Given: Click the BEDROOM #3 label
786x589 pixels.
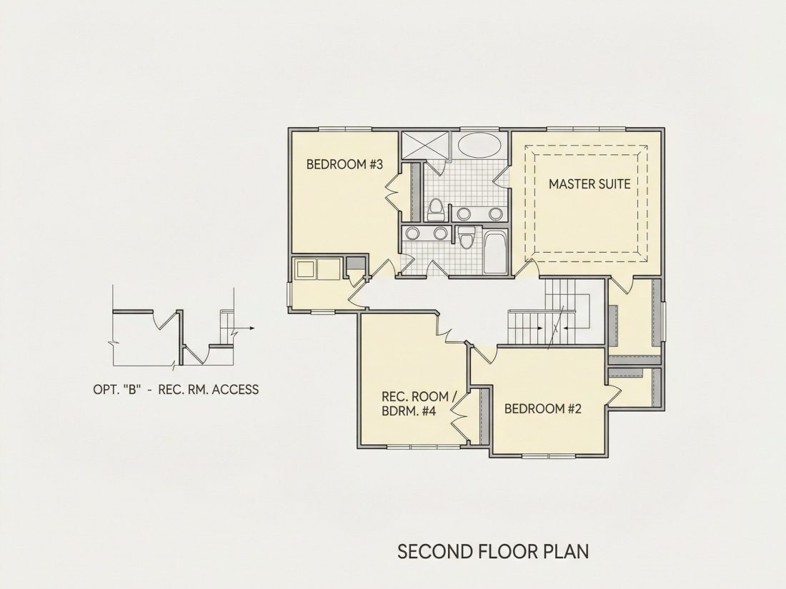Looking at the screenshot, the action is (x=344, y=164).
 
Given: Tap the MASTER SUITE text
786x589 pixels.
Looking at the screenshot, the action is (x=589, y=183).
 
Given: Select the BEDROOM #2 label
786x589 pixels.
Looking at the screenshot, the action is (x=543, y=408).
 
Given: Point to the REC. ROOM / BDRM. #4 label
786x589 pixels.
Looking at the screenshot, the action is (x=419, y=403).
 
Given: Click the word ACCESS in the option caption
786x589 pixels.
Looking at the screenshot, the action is (x=236, y=389).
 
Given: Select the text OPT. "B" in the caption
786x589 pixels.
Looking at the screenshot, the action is (x=116, y=389).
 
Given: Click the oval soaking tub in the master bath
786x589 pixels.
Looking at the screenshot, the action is (x=479, y=145).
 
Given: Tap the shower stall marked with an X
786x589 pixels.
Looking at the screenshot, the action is (x=425, y=146).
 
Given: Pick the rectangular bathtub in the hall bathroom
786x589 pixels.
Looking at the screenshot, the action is (x=495, y=252).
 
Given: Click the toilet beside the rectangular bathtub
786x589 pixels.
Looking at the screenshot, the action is (x=467, y=238).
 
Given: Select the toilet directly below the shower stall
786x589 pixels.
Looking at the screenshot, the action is (x=436, y=210).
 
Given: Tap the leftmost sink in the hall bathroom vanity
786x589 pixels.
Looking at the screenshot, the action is (x=413, y=233).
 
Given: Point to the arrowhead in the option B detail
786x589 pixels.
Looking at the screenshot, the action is (x=252, y=328).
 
